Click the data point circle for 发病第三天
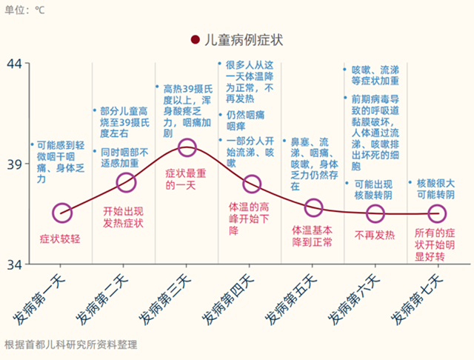pyautogui.click(x=187, y=149)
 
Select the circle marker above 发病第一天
pyautogui.click(x=63, y=213)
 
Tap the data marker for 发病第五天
pyautogui.click(x=313, y=207)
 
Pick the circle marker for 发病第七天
pyautogui.click(x=438, y=213)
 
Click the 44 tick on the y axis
pyautogui.click(x=15, y=64)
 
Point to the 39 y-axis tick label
pyautogui.click(x=15, y=164)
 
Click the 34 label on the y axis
pyautogui.click(x=15, y=264)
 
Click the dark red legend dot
pyautogui.click(x=195, y=40)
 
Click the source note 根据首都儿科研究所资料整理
pyautogui.click(x=70, y=344)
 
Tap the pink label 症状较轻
pyautogui.click(x=59, y=239)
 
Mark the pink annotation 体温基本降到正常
pyautogui.click(x=313, y=236)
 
